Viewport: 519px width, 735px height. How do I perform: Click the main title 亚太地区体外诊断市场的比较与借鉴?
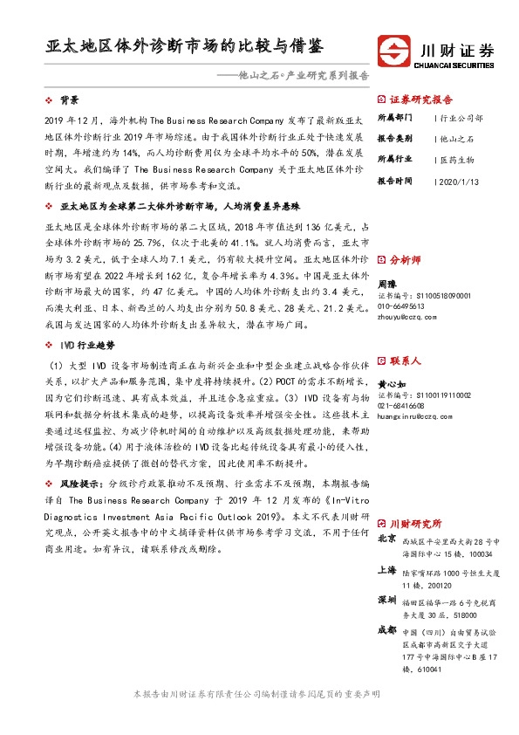click(190, 45)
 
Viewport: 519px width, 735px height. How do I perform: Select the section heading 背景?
click(70, 100)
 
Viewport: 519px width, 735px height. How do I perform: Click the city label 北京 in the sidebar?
click(386, 539)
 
